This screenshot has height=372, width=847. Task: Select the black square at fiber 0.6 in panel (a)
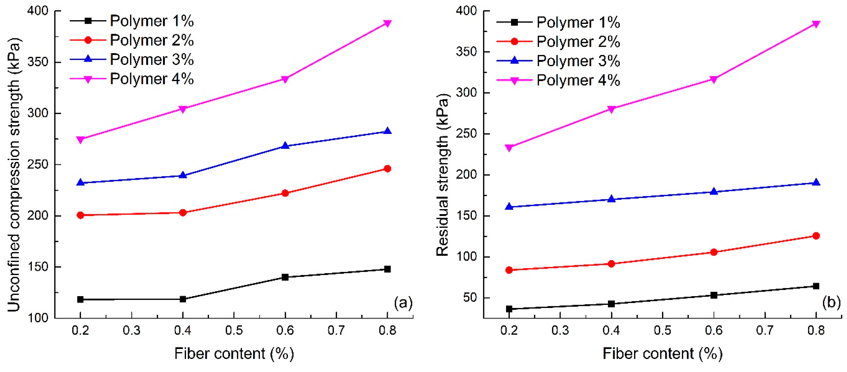tap(285, 277)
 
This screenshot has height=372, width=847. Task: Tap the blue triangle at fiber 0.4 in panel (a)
tap(183, 175)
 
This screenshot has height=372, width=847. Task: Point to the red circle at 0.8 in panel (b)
tap(816, 236)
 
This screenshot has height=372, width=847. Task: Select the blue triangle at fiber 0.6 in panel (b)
tap(714, 191)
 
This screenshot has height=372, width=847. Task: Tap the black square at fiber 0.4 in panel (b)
tap(611, 304)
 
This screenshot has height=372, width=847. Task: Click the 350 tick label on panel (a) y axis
tap(38, 62)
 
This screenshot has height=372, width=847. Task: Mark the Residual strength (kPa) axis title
tap(443, 174)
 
